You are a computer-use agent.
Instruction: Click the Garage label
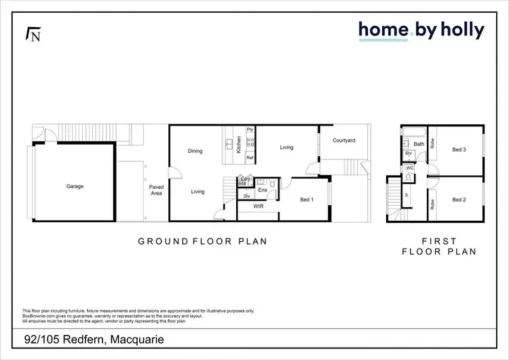(x=75, y=186)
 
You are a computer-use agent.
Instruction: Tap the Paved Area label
(x=157, y=190)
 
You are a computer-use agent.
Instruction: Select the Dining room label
(x=195, y=151)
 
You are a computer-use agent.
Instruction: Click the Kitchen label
(x=239, y=145)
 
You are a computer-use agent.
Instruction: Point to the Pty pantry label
(x=250, y=130)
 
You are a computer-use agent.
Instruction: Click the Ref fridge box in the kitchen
(x=250, y=158)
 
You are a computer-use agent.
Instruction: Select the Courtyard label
(x=344, y=141)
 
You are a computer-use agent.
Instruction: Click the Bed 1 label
(x=307, y=199)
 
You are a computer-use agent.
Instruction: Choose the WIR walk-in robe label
(x=259, y=206)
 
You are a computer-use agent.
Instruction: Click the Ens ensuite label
(x=262, y=190)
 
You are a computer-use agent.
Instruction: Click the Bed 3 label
(x=460, y=149)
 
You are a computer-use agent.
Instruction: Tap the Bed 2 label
(x=460, y=200)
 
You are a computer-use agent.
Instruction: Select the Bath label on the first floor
(x=419, y=144)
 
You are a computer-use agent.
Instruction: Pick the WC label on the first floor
(x=410, y=168)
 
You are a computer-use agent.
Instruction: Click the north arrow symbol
(x=32, y=34)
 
